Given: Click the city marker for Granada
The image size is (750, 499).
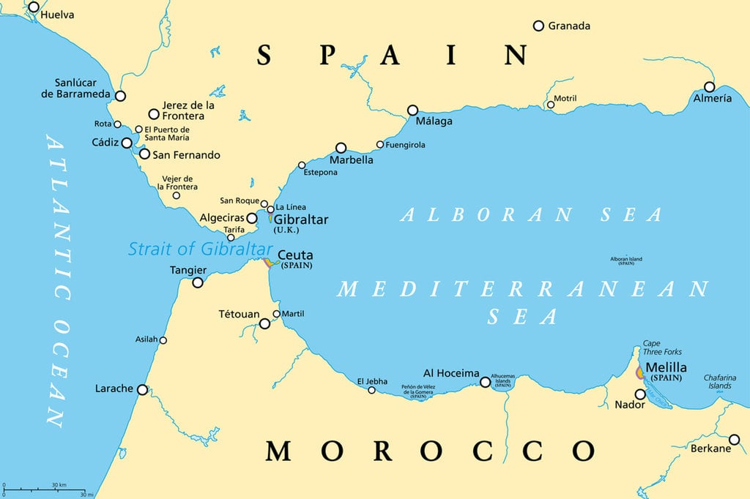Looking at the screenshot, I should [538, 26].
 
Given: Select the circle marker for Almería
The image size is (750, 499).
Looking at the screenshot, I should [709, 86].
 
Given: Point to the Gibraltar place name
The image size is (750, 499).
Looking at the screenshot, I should [301, 220].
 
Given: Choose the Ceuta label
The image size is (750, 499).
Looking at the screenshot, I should [297, 255].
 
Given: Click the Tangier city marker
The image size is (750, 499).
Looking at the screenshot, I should [198, 282].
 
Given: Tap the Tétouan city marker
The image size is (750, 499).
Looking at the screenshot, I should [264, 323].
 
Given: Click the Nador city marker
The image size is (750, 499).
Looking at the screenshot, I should [640, 394].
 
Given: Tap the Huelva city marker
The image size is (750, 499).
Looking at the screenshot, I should [33, 7].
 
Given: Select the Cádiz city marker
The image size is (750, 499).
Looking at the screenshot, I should [127, 143].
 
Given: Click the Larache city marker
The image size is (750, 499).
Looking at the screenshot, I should [142, 390].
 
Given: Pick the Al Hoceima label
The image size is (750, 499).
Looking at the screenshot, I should [451, 373].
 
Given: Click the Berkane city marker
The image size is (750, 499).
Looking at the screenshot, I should [735, 439].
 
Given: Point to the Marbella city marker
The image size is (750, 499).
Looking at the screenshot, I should [341, 148].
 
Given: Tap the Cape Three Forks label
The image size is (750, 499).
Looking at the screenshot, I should [662, 348].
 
